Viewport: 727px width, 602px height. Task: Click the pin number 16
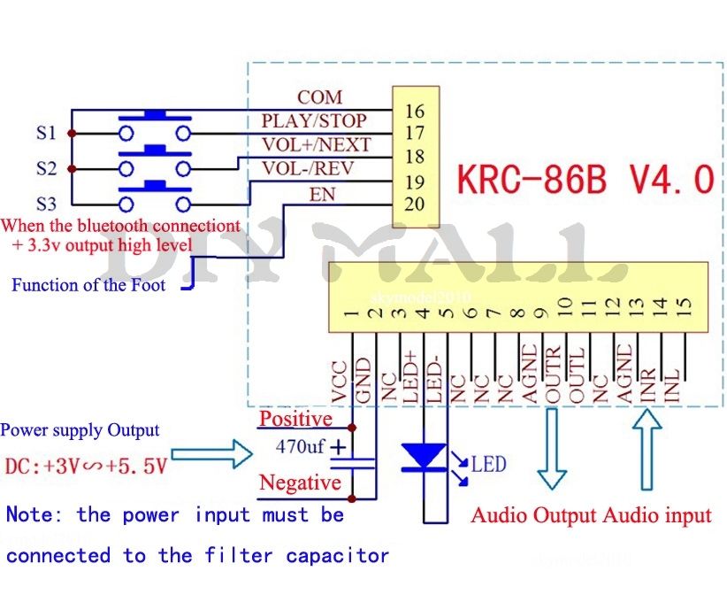tap(414, 112)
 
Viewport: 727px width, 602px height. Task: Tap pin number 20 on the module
tap(414, 205)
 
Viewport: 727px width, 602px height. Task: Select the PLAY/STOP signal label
tap(313, 120)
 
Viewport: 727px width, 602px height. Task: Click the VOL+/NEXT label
tap(316, 144)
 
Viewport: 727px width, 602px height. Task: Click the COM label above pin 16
tap(319, 97)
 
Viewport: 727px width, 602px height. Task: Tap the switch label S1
tap(46, 134)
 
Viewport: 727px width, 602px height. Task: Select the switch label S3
tap(46, 203)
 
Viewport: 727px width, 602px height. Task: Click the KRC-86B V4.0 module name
tap(585, 179)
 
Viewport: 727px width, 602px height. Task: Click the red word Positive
tap(295, 419)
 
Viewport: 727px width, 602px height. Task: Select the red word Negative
tap(300, 482)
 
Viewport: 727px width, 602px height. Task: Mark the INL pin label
tap(673, 388)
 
